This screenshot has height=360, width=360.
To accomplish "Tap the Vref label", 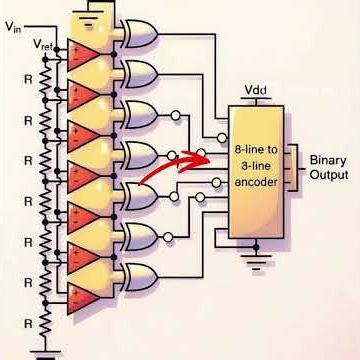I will pyautogui.click(x=45, y=45).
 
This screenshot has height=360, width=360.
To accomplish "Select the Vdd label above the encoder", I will pyautogui.click(x=254, y=91).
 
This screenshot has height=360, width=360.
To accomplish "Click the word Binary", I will pyautogui.click(x=328, y=160).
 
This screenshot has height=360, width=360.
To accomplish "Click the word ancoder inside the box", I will pyautogui.click(x=258, y=184).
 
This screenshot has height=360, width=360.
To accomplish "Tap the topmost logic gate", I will pyautogui.click(x=139, y=34).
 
